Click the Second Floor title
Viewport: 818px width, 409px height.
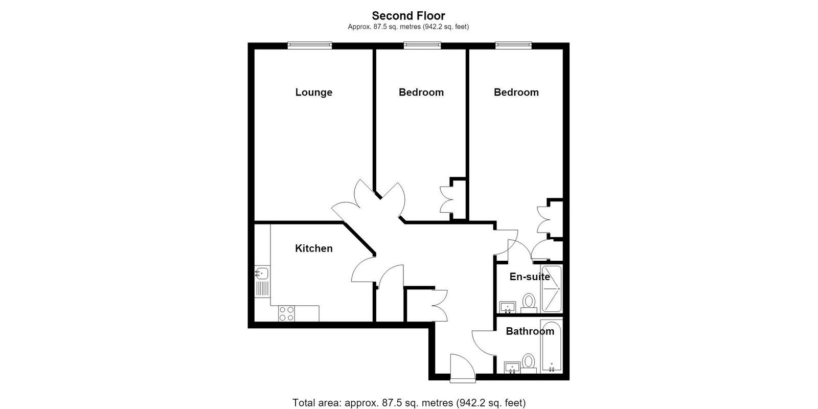pyautogui.click(x=408, y=16)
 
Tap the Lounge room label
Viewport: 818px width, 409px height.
pyautogui.click(x=314, y=93)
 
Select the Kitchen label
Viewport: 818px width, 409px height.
pyautogui.click(x=314, y=248)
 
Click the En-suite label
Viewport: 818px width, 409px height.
pyautogui.click(x=530, y=277)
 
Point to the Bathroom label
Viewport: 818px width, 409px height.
pyautogui.click(x=530, y=331)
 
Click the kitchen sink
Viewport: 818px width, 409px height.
pyautogui.click(x=262, y=273)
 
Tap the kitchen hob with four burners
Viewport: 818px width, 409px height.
pyautogui.click(x=287, y=314)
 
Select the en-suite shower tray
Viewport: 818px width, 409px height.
pyautogui.click(x=552, y=289)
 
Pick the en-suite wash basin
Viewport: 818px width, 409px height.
pyautogui.click(x=508, y=307)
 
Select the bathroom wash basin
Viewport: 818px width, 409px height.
pyautogui.click(x=512, y=368)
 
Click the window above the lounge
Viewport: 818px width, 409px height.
pyautogui.click(x=310, y=46)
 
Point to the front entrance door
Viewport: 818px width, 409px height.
pyautogui.click(x=463, y=368)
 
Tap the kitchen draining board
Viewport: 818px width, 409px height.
pyautogui.click(x=262, y=288)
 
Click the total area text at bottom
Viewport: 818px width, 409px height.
pyautogui.click(x=409, y=403)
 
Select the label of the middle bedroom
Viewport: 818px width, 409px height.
pyautogui.click(x=421, y=93)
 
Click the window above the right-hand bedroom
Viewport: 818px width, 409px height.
pyautogui.click(x=513, y=46)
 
